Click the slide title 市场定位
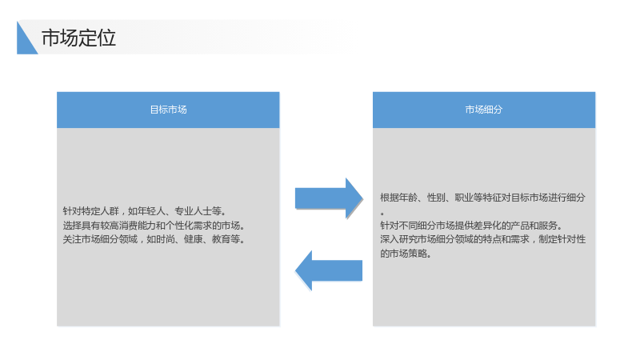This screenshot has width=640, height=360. point(78,38)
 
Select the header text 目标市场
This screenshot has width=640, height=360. point(168,110)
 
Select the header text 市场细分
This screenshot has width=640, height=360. point(484,110)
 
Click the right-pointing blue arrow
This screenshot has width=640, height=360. point(329,198)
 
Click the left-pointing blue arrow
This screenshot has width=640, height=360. point(329,270)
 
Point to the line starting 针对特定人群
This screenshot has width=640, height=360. point(145,211)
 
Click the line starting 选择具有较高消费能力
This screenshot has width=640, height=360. point(154,226)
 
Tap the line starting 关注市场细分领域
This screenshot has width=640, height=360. point(154,239)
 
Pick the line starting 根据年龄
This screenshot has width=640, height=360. point(483,198)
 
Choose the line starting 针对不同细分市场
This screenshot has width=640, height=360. point(471,226)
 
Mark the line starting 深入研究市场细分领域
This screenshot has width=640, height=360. point(483,239)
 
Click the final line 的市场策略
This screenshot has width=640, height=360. point(406,254)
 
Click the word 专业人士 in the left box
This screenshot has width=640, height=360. point(193,211)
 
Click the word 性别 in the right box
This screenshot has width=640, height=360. point(436,198)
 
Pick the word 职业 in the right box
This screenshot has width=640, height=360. point(464,198)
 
